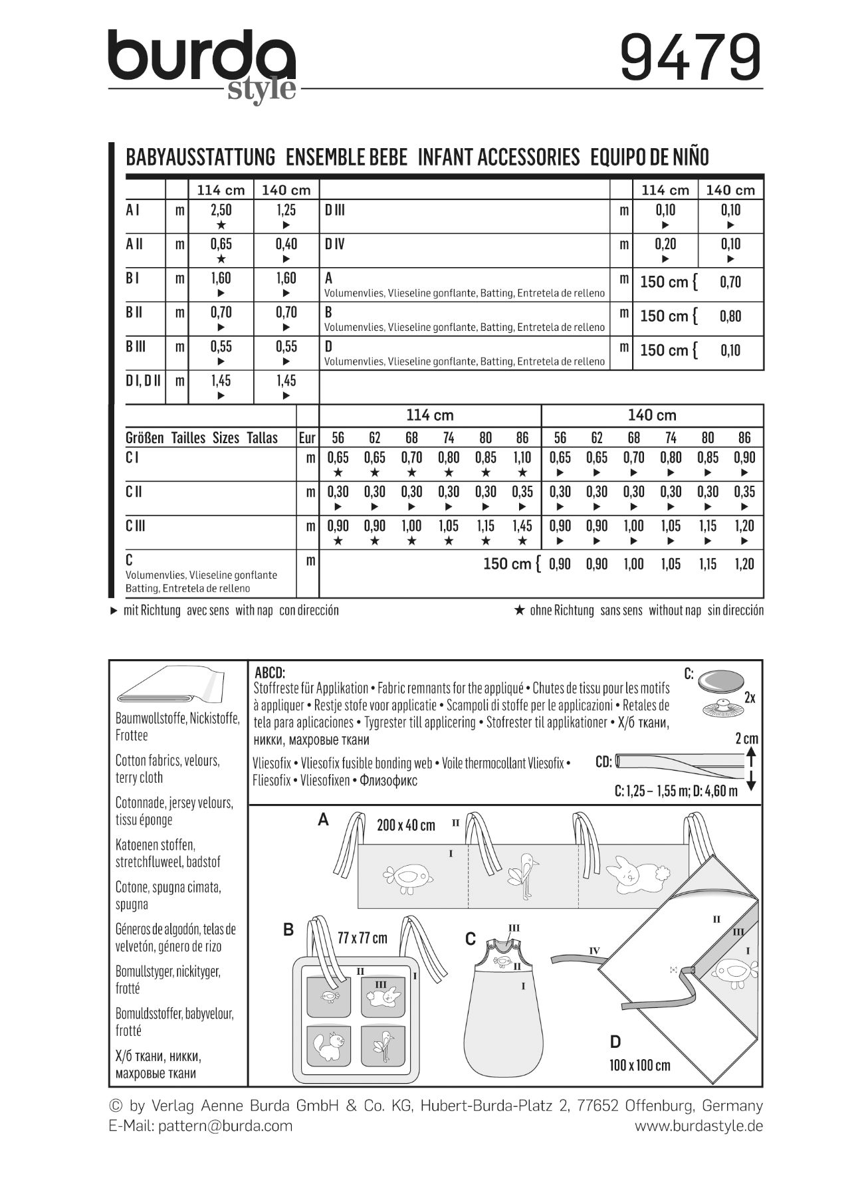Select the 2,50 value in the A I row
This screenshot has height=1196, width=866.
pyautogui.click(x=221, y=211)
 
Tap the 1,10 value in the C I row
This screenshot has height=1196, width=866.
pyautogui.click(x=522, y=458)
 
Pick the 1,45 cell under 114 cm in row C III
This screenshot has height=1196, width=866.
pyautogui.click(x=522, y=526)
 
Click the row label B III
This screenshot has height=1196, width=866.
pyautogui.click(x=136, y=347)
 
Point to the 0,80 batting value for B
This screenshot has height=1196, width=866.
pyautogui.click(x=730, y=316)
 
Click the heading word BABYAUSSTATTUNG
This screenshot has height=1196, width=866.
pyautogui.click(x=200, y=157)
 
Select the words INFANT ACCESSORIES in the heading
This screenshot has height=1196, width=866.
pyautogui.click(x=498, y=157)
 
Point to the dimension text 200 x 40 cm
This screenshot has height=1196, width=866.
pyautogui.click(x=405, y=825)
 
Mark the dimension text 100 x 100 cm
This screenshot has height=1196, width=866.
pyautogui.click(x=639, y=1065)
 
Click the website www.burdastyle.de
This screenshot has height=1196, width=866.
pyautogui.click(x=699, y=1126)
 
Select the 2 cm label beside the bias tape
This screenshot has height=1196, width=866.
pyautogui.click(x=746, y=739)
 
